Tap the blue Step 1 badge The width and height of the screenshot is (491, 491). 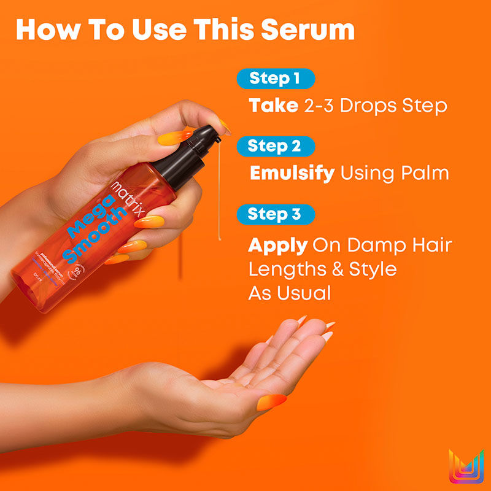274,79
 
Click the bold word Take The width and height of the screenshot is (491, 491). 273,106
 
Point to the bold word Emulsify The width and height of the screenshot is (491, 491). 292,173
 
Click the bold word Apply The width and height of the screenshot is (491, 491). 277,246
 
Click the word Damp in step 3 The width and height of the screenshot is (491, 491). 373,246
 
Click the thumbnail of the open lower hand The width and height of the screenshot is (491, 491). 270,401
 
